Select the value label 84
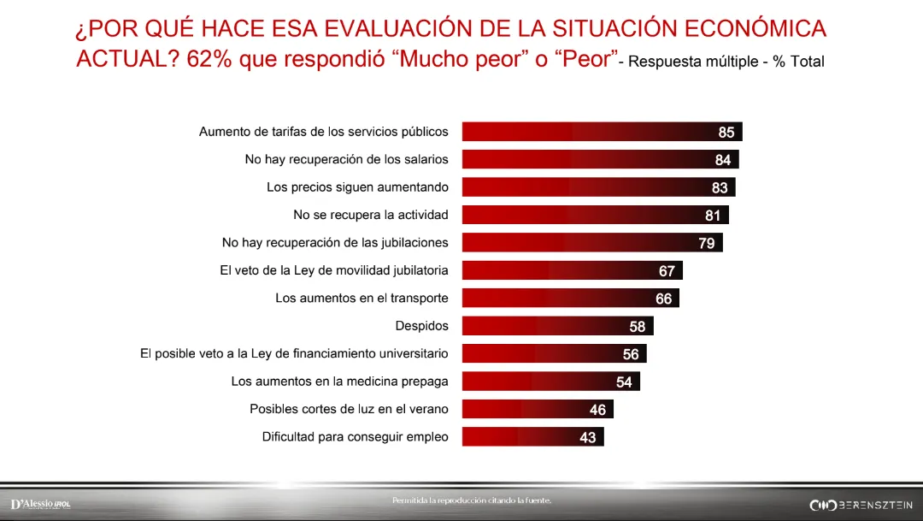pos(723,160)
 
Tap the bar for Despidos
pos(557,326)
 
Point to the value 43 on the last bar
pos(588,437)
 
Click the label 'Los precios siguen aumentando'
pos(357,186)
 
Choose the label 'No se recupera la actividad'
pos(371,214)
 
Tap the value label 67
pos(667,271)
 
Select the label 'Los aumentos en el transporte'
pos(362,298)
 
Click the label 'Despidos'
pos(421,326)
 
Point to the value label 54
pos(625,382)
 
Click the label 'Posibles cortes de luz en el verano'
pos(349,409)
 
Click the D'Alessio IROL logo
pos(40,505)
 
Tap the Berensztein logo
pos(861,505)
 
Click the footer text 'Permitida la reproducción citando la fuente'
pos(472,500)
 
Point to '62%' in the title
pos(206,59)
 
